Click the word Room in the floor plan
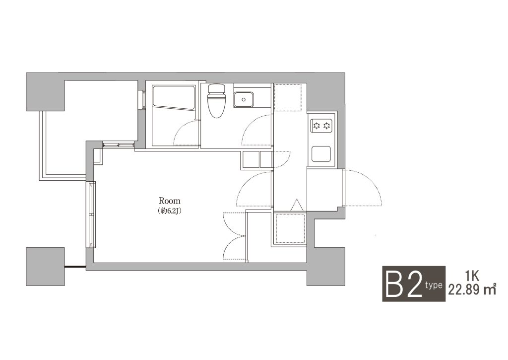coord(169,201)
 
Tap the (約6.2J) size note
coord(169,211)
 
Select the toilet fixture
coord(216,100)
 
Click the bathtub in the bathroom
coord(173,97)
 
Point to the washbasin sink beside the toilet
coord(244,99)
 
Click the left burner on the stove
coord(317,125)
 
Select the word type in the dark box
coord(434,285)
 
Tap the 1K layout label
coord(472,277)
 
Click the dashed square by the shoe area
coord(291,228)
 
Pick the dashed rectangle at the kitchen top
coord(288,97)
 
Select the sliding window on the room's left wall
coord(92,215)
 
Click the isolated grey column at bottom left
coord(45,267)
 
